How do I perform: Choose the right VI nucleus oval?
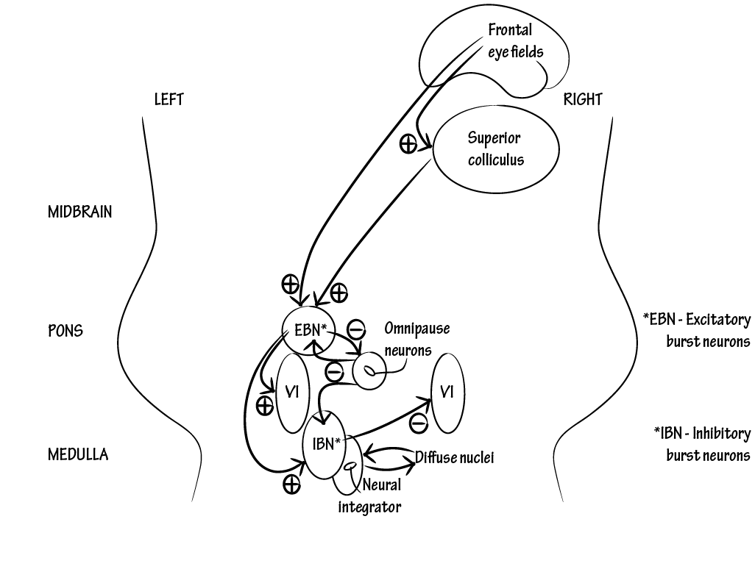click(447, 392)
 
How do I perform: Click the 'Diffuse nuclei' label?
click(454, 457)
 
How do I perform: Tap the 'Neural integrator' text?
click(372, 496)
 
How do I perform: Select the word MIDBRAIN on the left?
click(80, 212)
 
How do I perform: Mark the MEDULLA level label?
click(78, 454)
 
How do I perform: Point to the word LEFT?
click(169, 99)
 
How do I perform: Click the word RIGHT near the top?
click(583, 99)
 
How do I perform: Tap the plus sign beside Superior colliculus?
click(408, 143)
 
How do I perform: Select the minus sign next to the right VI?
click(417, 423)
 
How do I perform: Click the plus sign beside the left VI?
click(263, 405)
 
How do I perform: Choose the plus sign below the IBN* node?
click(291, 484)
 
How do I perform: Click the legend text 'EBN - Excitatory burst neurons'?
click(696, 330)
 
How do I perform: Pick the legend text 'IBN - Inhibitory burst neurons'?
click(701, 444)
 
